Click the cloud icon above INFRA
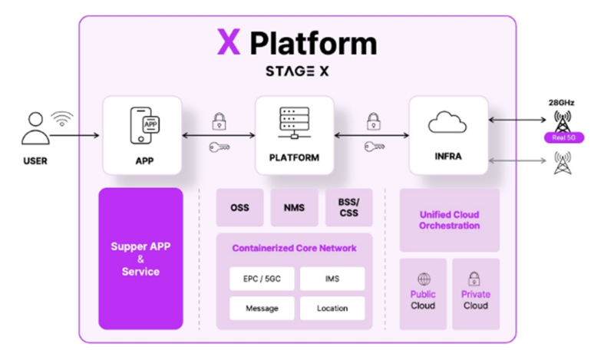pyautogui.click(x=448, y=123)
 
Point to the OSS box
pyautogui.click(x=239, y=208)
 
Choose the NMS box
pyautogui.click(x=294, y=208)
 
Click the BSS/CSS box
pyautogui.click(x=348, y=208)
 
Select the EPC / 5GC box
pyautogui.click(x=261, y=279)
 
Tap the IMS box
pyautogui.click(x=332, y=279)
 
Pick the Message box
pyautogui.click(x=261, y=309)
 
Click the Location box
pyautogui.click(x=332, y=309)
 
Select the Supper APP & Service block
pyautogui.click(x=140, y=259)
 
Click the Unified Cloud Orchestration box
pyautogui.click(x=449, y=220)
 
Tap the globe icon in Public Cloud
pyautogui.click(x=423, y=279)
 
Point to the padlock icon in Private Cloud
pyautogui.click(x=475, y=279)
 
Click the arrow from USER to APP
pyautogui.click(x=74, y=137)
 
